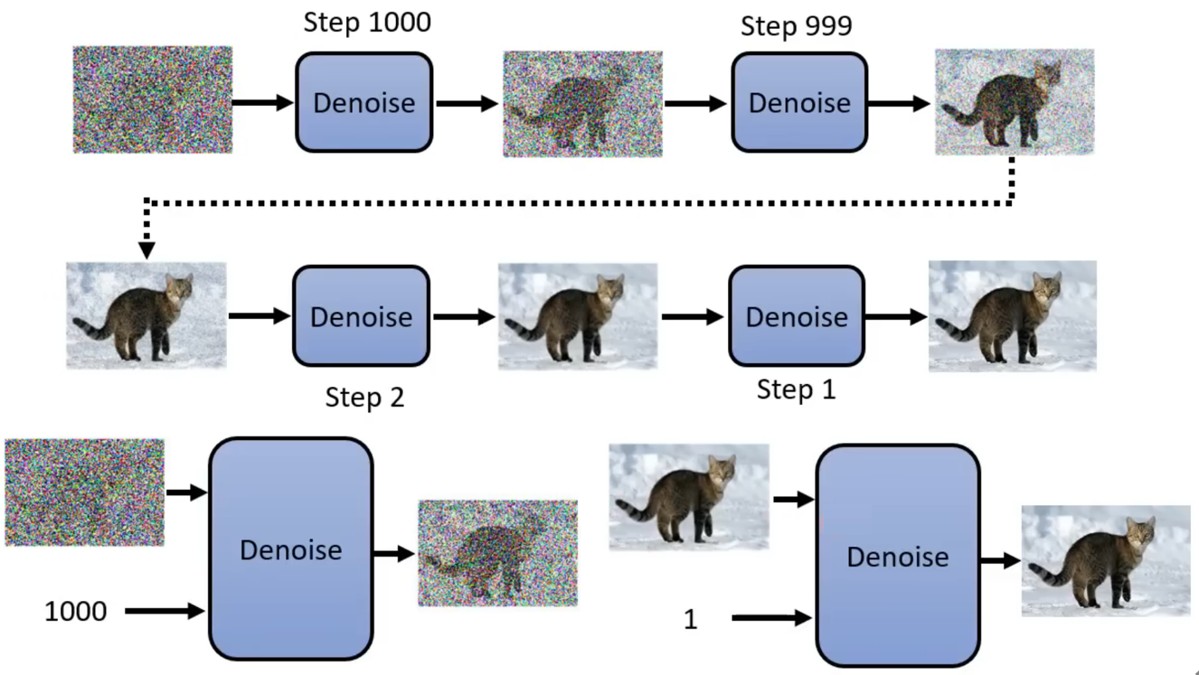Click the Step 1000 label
pyautogui.click(x=366, y=22)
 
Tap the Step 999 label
pyautogui.click(x=796, y=26)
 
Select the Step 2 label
pyautogui.click(x=364, y=398)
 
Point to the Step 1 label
pyautogui.click(x=796, y=390)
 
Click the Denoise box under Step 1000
pyautogui.click(x=363, y=102)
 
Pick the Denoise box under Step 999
pyautogui.click(x=799, y=102)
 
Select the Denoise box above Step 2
pyautogui.click(x=361, y=316)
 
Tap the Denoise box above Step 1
pyautogui.click(x=797, y=316)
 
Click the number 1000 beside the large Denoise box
pyautogui.click(x=75, y=612)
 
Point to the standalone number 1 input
pyautogui.click(x=691, y=619)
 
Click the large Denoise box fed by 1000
pyautogui.click(x=290, y=549)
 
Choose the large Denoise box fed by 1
pyautogui.click(x=898, y=556)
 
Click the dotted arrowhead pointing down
pyautogui.click(x=146, y=249)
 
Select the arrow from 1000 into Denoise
pyautogui.click(x=165, y=612)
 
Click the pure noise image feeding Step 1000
pyautogui.click(x=152, y=99)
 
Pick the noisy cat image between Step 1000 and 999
pyautogui.click(x=582, y=103)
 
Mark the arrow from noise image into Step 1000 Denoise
pyautogui.click(x=262, y=102)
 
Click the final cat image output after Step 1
pyautogui.click(x=1012, y=316)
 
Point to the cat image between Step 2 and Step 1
pyautogui.click(x=577, y=316)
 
